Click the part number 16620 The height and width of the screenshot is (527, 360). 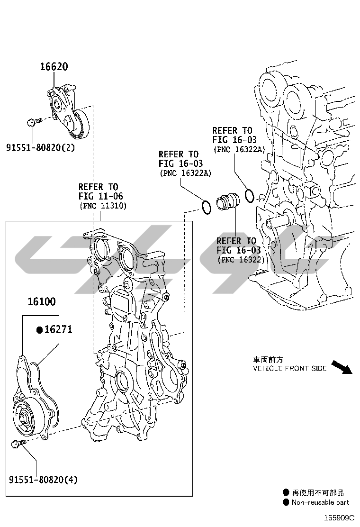(x=54, y=67)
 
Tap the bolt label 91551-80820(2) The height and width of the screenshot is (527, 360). (x=41, y=147)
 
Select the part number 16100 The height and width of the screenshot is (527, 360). (x=41, y=301)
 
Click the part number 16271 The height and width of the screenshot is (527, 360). (x=58, y=329)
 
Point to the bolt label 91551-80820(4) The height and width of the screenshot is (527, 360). (x=43, y=480)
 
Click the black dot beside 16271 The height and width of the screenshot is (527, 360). (x=40, y=330)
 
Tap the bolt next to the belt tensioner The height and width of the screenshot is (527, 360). (x=34, y=122)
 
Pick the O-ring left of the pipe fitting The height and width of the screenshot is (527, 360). (x=205, y=207)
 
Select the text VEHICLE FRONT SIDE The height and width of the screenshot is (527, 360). (x=289, y=368)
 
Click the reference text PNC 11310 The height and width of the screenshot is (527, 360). (x=103, y=206)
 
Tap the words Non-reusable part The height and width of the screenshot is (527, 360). (x=320, y=502)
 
